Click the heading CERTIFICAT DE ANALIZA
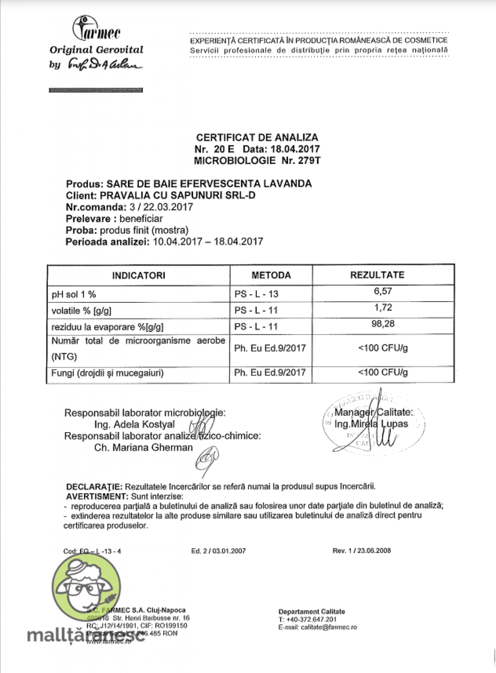(x=257, y=138)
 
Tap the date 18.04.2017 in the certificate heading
(x=295, y=149)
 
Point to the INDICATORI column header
(x=138, y=276)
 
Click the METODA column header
(x=271, y=276)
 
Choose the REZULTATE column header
(x=383, y=275)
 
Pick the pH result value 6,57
(x=383, y=291)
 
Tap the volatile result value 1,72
(x=383, y=308)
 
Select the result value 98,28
(x=383, y=324)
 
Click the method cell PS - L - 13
(x=256, y=294)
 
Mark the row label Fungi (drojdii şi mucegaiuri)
(x=107, y=373)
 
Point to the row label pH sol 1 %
(x=74, y=295)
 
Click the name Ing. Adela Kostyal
(x=134, y=424)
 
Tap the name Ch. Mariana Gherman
(x=143, y=447)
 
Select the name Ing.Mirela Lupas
(x=371, y=424)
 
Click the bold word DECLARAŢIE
(x=94, y=487)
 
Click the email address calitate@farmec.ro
(x=329, y=627)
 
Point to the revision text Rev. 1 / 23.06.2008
(x=361, y=551)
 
